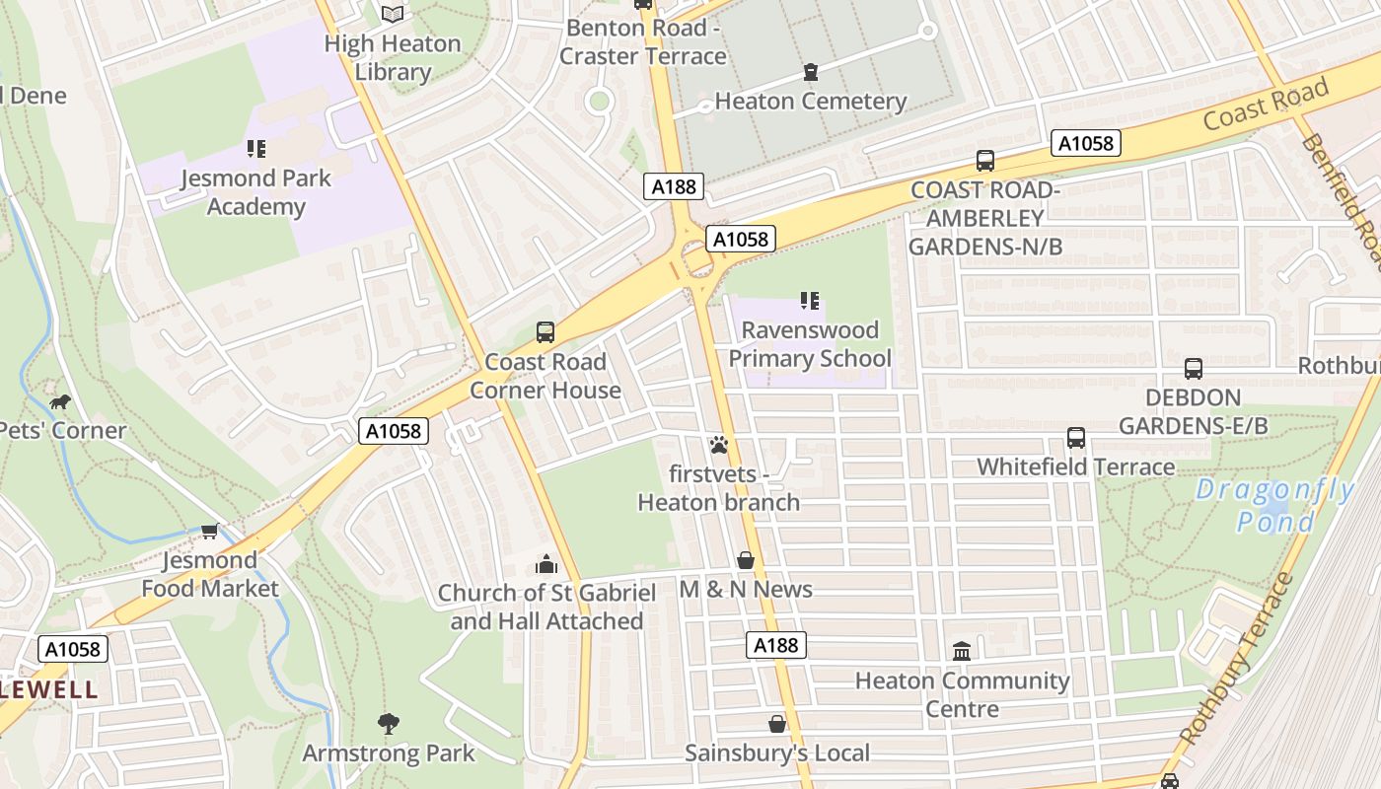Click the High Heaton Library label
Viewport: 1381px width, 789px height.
[x=393, y=57]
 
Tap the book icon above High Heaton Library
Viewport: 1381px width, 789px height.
[x=393, y=14]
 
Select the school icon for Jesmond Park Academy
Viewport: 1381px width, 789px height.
[x=256, y=149]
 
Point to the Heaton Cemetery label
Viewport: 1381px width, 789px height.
[x=810, y=101]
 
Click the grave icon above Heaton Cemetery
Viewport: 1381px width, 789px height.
[x=811, y=72]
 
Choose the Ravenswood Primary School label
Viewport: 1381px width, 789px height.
[x=810, y=343]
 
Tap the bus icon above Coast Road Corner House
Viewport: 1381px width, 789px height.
[x=545, y=332]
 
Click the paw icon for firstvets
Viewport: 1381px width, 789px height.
[x=718, y=445]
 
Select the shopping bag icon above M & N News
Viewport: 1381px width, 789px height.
[x=746, y=560]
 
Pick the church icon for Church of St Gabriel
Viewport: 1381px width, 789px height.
[x=545, y=564]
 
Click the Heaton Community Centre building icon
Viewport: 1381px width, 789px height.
[x=962, y=651]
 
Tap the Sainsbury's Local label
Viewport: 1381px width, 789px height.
[x=777, y=753]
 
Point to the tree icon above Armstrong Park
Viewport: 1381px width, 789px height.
[x=389, y=724]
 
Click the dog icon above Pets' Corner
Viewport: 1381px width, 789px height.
[x=60, y=401]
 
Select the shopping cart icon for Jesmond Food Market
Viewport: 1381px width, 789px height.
[x=209, y=532]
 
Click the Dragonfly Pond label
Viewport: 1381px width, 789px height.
[x=1275, y=505]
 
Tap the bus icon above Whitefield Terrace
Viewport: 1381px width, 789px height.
[x=1076, y=437]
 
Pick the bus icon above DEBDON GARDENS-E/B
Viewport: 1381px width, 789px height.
[x=1194, y=369]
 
